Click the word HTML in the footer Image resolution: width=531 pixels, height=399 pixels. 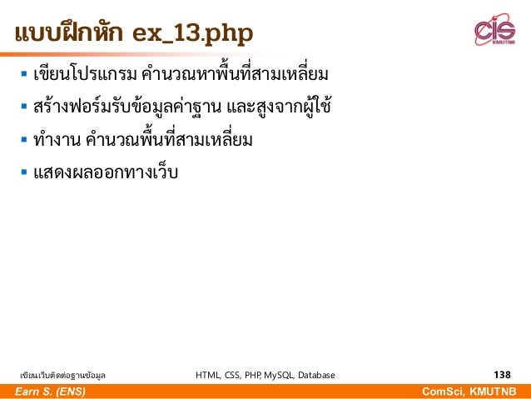(208, 375)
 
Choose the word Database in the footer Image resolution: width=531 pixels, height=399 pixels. (316, 375)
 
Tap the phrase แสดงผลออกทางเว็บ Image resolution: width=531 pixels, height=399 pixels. (106, 173)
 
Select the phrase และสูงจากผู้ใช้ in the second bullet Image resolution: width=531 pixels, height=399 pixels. (279, 109)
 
